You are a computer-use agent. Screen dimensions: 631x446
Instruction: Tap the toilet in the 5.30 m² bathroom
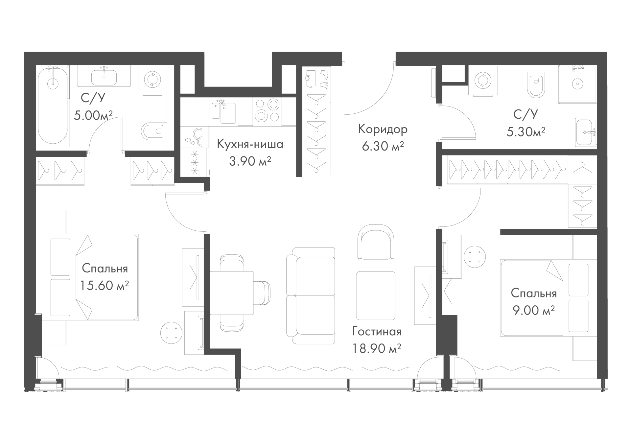tap(536, 85)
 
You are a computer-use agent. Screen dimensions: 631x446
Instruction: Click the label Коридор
tap(383, 129)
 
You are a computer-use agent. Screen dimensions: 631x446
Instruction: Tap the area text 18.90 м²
tap(377, 348)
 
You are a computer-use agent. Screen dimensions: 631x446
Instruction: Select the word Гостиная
tap(377, 331)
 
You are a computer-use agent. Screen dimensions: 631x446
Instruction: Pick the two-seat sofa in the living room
tap(311, 295)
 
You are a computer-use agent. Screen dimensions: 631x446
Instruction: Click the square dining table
tap(231, 293)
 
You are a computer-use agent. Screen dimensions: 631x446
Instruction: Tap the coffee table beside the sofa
tap(376, 295)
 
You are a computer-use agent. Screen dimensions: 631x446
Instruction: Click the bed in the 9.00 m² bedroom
tap(548, 298)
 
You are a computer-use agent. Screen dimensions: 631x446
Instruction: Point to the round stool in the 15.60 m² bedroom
tap(171, 333)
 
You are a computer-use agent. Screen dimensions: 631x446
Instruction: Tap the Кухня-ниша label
tap(250, 144)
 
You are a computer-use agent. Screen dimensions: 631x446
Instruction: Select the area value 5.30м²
tap(526, 132)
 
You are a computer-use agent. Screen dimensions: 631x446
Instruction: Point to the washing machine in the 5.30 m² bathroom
tap(482, 81)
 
